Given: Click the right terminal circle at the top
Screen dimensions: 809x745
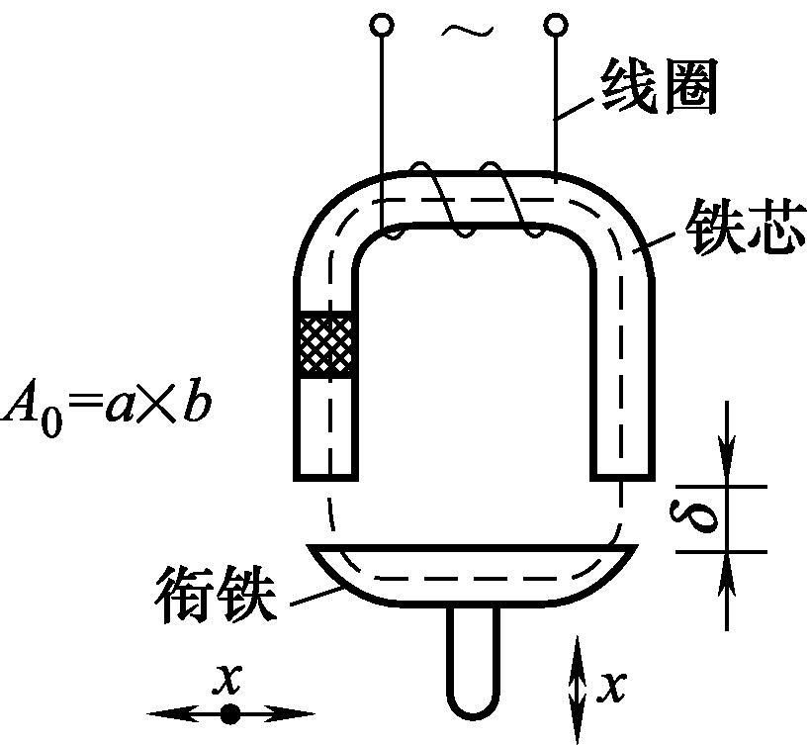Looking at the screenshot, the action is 557,23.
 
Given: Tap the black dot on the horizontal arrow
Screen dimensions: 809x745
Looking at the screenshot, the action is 230,713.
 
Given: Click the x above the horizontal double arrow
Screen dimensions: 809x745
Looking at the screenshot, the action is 229,679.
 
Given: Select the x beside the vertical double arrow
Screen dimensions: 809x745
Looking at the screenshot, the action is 613,684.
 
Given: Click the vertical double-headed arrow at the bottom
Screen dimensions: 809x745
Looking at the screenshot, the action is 578,685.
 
